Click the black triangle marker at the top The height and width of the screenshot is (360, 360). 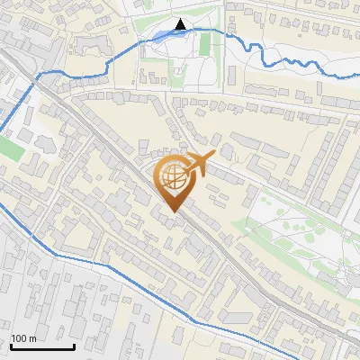tap(180, 24)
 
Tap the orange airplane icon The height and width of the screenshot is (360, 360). tap(199, 165)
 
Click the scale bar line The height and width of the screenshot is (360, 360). tap(42, 346)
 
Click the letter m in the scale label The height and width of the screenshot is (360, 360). tap(32, 338)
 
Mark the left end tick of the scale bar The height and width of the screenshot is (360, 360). tap(11, 345)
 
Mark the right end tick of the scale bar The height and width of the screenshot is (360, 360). tap(74, 345)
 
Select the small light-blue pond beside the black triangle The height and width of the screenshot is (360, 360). tap(161, 35)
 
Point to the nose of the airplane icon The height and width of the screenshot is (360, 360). tap(213, 156)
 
